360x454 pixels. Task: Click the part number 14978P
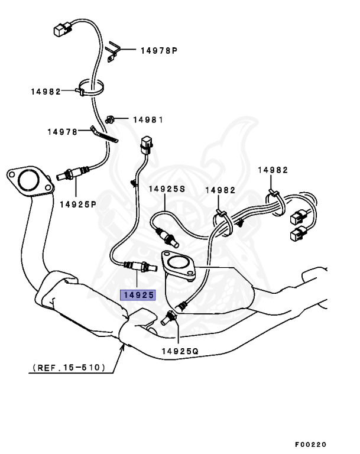[x=158, y=51]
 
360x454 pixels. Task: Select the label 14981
[x=147, y=119]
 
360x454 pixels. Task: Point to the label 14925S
[x=167, y=189]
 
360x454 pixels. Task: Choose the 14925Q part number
[x=180, y=351]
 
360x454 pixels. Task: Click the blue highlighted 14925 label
[x=138, y=294]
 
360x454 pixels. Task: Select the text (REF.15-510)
[x=69, y=368]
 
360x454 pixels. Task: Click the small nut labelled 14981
[x=111, y=119]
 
